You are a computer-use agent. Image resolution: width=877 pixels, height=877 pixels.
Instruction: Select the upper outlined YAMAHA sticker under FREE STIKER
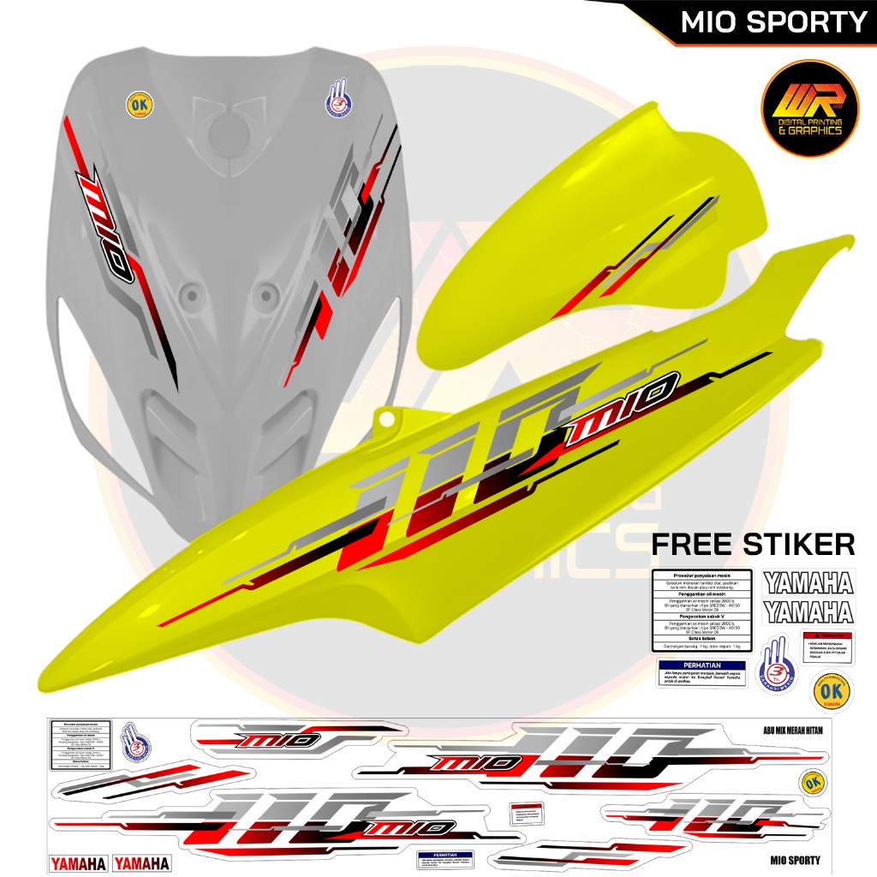[x=808, y=583]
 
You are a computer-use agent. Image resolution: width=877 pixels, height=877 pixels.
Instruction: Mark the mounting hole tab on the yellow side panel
[x=391, y=419]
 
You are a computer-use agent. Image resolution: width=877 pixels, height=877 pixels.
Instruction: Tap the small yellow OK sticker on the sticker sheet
[x=813, y=783]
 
